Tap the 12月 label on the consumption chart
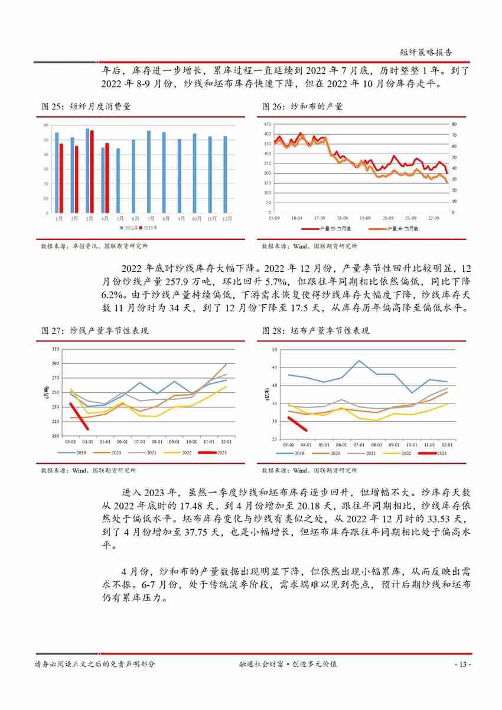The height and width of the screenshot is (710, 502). click(225, 219)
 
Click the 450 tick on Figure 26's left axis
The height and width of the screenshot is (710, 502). click(268, 125)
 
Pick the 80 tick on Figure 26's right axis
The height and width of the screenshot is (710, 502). click(454, 125)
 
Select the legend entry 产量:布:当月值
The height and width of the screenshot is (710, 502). click(402, 228)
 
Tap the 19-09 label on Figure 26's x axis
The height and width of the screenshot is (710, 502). click(365, 218)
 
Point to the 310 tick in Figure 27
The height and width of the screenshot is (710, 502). click(56, 349)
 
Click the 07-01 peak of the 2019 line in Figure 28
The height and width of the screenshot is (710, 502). click(358, 361)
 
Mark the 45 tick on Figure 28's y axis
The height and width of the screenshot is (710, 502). click(274, 367)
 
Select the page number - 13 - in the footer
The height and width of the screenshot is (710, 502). click(462, 665)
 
